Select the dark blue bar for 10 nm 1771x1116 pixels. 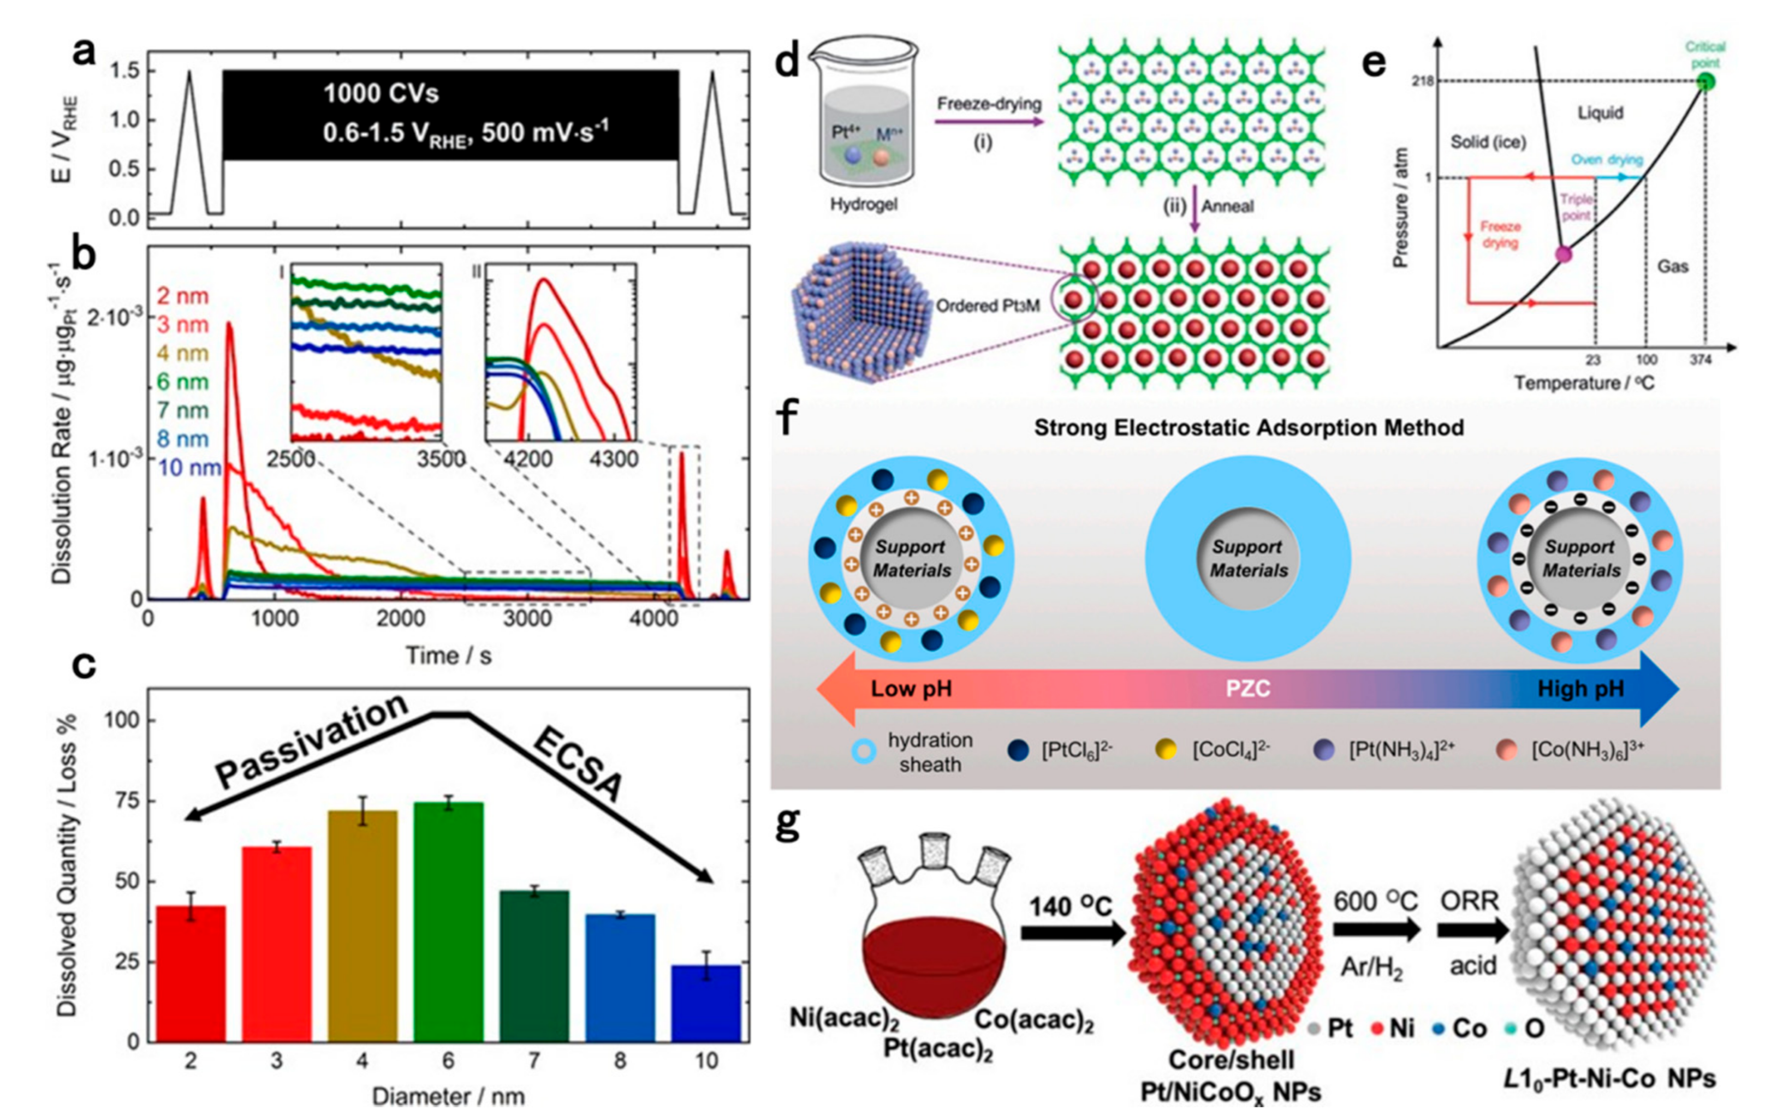click(x=706, y=1003)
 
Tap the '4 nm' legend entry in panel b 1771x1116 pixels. click(x=182, y=354)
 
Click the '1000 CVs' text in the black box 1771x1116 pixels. click(x=381, y=93)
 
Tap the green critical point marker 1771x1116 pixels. click(x=1705, y=81)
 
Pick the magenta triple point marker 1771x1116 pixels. click(x=1563, y=254)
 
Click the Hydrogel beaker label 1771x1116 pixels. click(x=864, y=205)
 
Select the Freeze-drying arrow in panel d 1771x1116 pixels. click(x=989, y=120)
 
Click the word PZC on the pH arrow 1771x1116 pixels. click(x=1247, y=689)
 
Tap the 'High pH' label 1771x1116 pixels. click(x=1580, y=689)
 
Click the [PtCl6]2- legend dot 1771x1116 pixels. click(x=1019, y=750)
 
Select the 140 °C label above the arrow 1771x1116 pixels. click(x=1070, y=906)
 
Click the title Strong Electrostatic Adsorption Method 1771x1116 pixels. click(x=1248, y=428)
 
